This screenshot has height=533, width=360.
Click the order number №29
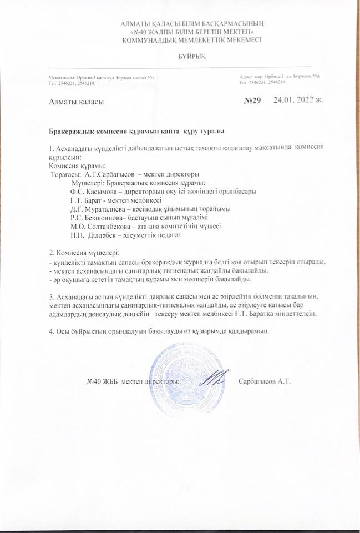252,102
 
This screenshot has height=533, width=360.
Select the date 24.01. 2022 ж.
298,102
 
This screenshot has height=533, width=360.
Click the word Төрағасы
65,174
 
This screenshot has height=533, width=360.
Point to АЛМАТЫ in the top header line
136,23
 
